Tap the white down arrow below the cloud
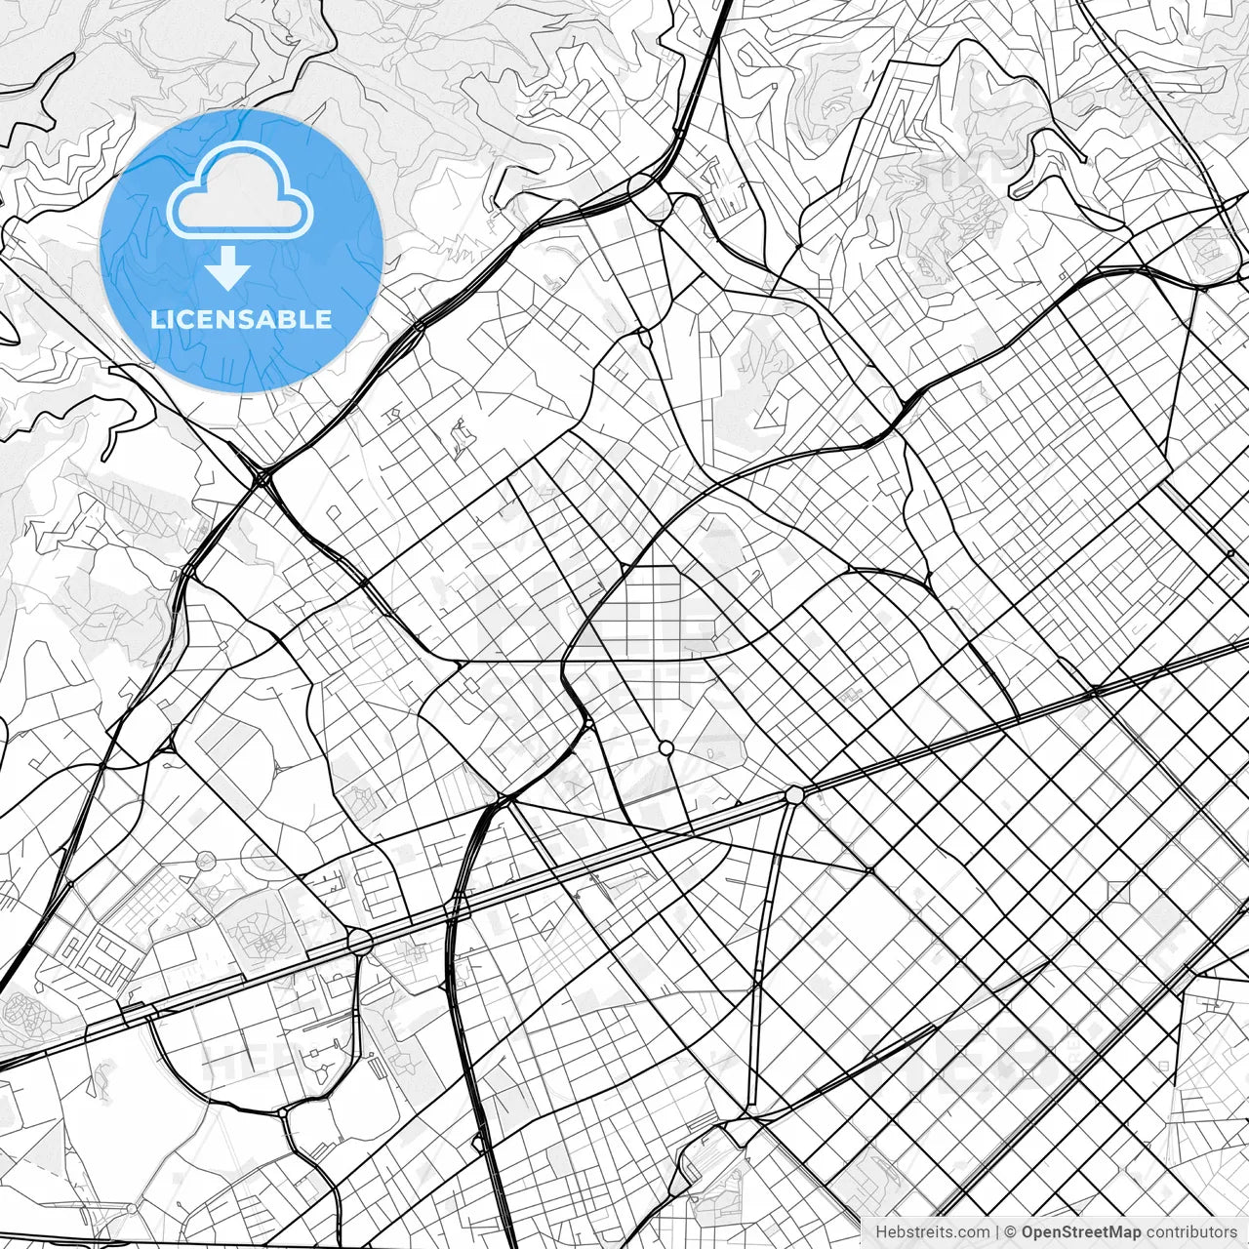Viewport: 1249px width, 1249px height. pyautogui.click(x=227, y=268)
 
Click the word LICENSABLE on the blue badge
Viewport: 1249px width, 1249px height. pyautogui.click(x=241, y=319)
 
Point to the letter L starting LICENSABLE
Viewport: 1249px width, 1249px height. pyautogui.click(x=156, y=319)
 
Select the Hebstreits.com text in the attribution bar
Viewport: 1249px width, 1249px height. pyautogui.click(x=932, y=1232)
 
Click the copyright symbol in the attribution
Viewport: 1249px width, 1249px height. pyautogui.click(x=1012, y=1232)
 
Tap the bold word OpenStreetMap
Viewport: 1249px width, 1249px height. pyautogui.click(x=1081, y=1232)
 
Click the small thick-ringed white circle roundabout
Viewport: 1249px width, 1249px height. pyautogui.click(x=666, y=747)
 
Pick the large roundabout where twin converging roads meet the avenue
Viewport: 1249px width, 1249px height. pyautogui.click(x=794, y=795)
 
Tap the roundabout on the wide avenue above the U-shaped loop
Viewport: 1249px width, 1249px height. pyautogui.click(x=360, y=942)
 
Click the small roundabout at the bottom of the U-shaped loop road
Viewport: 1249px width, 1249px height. pyautogui.click(x=282, y=1112)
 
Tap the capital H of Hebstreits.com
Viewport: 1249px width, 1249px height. pyautogui.click(x=881, y=1232)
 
